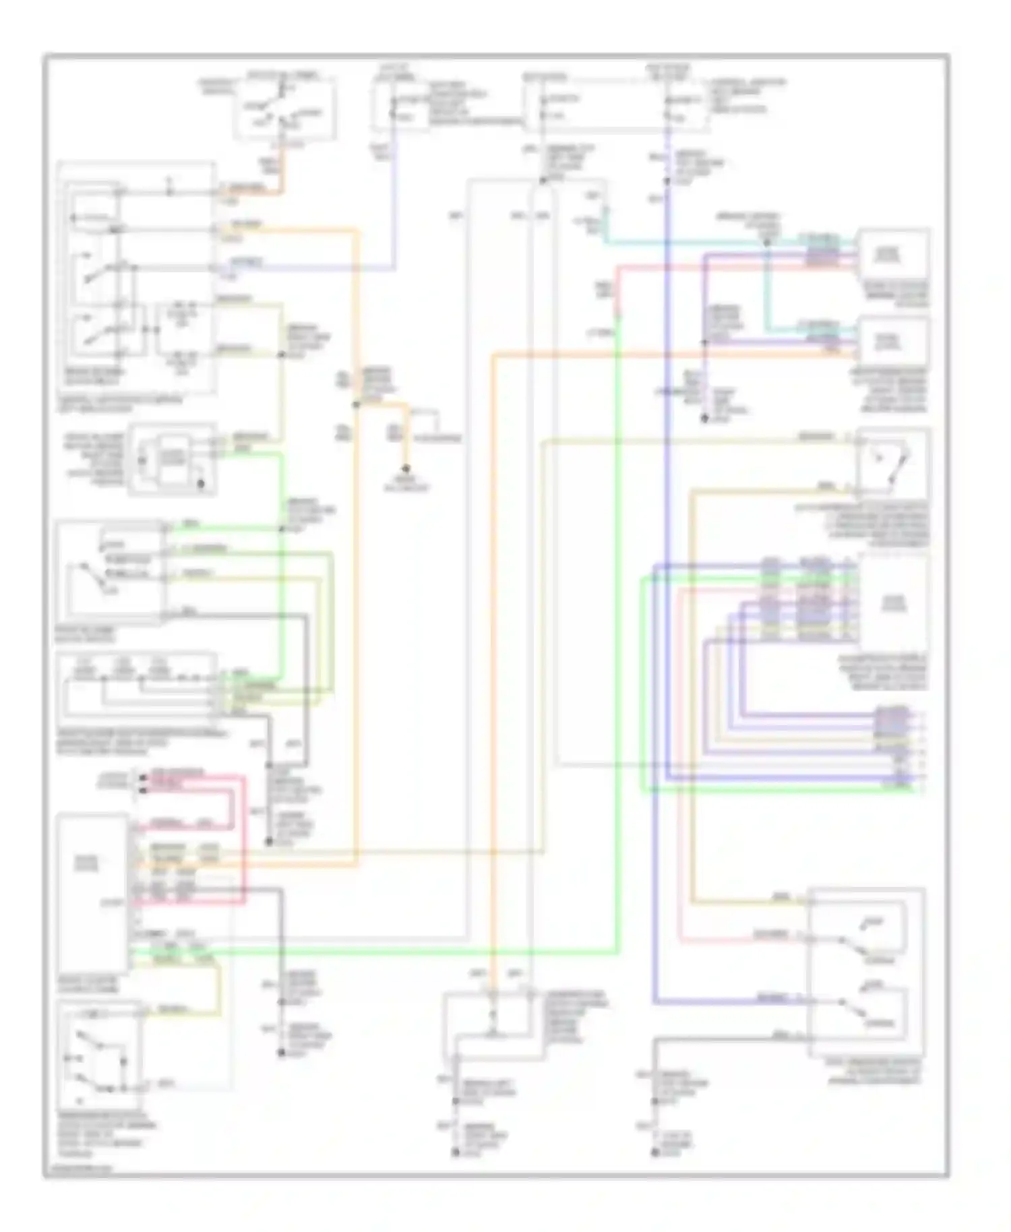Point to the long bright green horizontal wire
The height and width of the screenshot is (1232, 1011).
[x=404, y=952]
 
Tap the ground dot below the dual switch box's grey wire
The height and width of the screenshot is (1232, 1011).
[x=654, y=1153]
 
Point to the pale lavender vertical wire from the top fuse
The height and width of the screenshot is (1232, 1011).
[x=394, y=202]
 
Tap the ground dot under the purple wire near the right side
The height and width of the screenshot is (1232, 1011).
[x=704, y=419]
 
